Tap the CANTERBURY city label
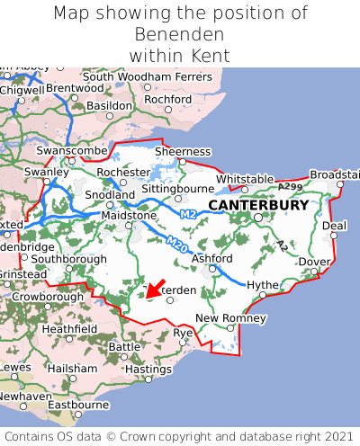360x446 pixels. click(258, 205)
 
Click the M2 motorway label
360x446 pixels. click(187, 214)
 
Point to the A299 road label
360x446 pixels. click(290, 185)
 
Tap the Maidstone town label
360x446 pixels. click(127, 216)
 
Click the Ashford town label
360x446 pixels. click(212, 259)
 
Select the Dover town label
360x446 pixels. click(314, 262)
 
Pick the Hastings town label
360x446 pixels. click(148, 369)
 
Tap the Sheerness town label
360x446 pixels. click(183, 151)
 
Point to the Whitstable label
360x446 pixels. click(245, 179)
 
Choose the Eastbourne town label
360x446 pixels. click(77, 405)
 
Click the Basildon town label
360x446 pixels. click(110, 106)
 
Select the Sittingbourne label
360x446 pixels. click(177, 189)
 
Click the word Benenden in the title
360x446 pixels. click(180, 34)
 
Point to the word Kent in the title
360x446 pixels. click(211, 56)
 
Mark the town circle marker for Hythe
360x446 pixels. click(261, 294)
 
